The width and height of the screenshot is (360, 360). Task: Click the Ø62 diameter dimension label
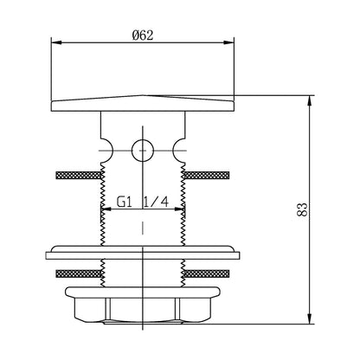[143, 35]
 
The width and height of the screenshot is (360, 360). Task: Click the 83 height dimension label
[302, 209]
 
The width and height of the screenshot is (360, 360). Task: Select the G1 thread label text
[125, 202]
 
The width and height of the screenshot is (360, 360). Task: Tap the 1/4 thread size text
[156, 202]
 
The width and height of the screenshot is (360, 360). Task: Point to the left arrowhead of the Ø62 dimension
[56, 42]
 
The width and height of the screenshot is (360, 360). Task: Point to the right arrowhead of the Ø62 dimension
[228, 42]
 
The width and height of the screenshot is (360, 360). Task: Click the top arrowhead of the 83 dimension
[310, 100]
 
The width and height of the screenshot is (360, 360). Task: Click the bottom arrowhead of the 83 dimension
[310, 318]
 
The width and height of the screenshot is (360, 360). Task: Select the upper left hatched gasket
[78, 175]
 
